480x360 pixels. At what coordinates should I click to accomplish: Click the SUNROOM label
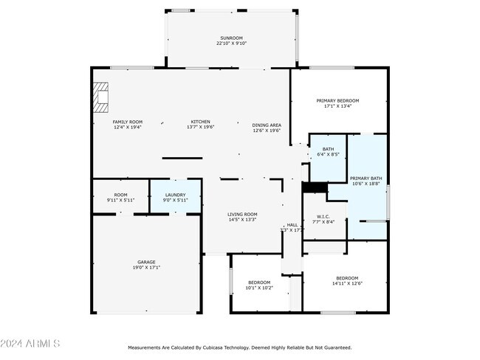(231, 38)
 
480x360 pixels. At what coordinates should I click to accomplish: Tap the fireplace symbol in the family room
(100, 97)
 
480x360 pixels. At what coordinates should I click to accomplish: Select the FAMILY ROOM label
(127, 122)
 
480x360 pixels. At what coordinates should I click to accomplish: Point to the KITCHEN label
(201, 122)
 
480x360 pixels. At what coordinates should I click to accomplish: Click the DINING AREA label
(267, 125)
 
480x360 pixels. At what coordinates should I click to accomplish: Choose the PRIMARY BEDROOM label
(337, 100)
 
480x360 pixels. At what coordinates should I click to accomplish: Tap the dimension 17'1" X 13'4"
(337, 106)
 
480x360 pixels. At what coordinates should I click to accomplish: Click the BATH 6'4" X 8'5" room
(328, 152)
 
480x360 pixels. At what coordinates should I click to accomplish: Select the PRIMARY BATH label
(366, 178)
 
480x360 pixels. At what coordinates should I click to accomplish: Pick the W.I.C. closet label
(323, 216)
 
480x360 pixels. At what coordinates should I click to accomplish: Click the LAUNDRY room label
(175, 194)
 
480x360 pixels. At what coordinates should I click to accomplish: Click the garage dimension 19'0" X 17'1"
(146, 267)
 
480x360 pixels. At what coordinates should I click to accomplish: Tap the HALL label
(292, 225)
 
